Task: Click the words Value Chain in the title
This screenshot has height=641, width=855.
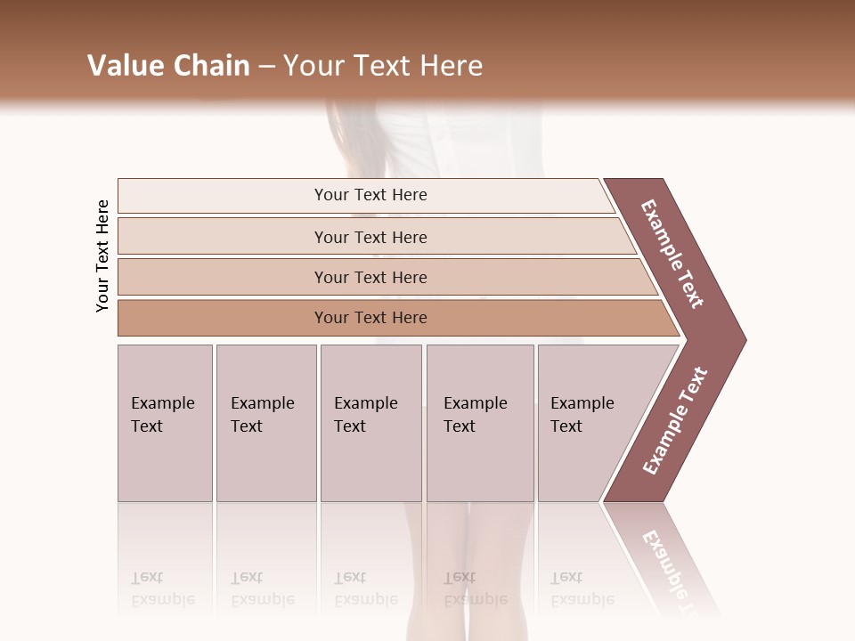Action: (x=168, y=66)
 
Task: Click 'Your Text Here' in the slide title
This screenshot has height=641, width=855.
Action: (x=383, y=66)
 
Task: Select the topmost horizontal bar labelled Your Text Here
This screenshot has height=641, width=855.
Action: (x=370, y=195)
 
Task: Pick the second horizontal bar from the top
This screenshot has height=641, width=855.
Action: (x=370, y=237)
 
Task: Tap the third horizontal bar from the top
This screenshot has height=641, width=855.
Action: (x=370, y=277)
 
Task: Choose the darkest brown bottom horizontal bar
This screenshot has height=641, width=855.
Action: (x=370, y=318)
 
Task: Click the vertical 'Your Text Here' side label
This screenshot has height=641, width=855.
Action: (x=102, y=256)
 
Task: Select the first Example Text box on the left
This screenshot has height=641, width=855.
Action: (x=165, y=423)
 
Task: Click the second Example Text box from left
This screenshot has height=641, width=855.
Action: (x=265, y=423)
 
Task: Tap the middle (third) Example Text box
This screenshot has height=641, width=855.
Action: (x=370, y=423)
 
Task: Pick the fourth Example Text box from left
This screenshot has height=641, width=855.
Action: (x=479, y=423)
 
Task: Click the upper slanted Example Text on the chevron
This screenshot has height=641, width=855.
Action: (x=672, y=254)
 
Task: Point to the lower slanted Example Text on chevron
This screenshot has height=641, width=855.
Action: (x=675, y=421)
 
